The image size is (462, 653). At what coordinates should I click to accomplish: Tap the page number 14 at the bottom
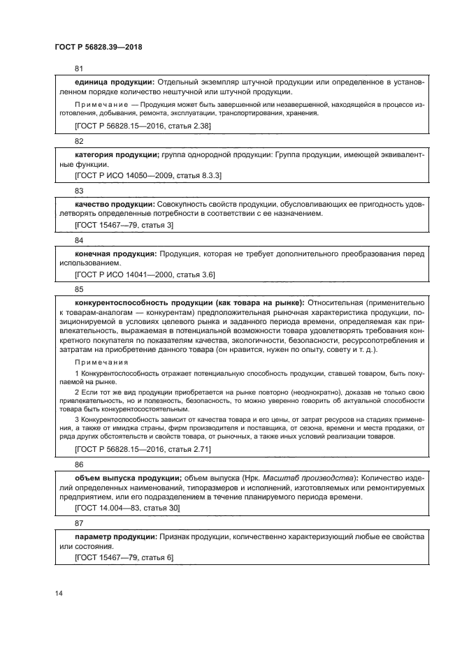[x=59, y=592]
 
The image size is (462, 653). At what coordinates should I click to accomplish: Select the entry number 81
[x=79, y=68]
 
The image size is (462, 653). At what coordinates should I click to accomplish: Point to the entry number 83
[x=79, y=191]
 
